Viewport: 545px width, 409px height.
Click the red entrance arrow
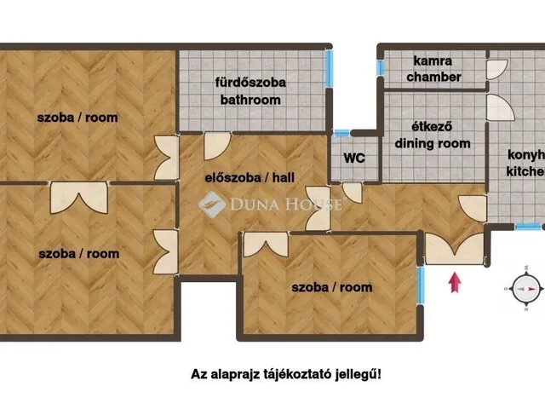point(455,283)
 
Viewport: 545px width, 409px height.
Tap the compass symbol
point(526,288)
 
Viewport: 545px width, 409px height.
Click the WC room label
point(354,158)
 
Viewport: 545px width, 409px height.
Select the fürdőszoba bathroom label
point(250,91)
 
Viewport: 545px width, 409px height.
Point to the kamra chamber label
point(433,69)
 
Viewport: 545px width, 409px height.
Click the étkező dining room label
point(433,135)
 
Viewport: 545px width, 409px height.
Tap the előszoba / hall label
point(250,178)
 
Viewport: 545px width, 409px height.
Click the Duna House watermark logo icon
point(212,204)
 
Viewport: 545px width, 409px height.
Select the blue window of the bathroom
point(329,68)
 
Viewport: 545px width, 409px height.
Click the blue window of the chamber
point(381,67)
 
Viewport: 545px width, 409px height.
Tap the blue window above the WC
point(341,133)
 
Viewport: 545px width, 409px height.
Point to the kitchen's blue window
point(528,227)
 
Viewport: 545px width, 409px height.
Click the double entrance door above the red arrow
point(454,249)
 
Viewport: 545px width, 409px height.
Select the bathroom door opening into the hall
point(217,146)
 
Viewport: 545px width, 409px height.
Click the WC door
point(352,193)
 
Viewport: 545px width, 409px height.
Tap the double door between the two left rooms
point(79,198)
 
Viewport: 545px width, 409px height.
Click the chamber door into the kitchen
point(496,70)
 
